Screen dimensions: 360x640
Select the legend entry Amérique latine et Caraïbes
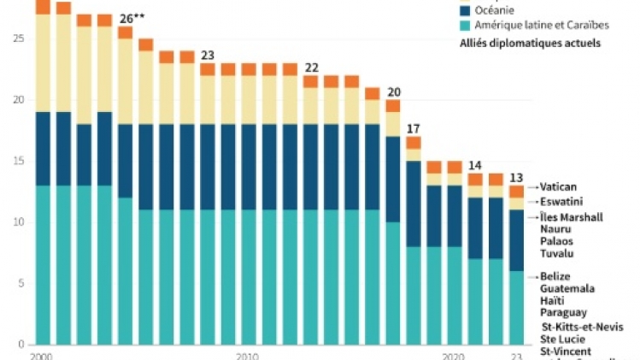click(529, 26)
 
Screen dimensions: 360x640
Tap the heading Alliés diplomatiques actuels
click(530, 43)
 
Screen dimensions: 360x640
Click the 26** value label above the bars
click(130, 19)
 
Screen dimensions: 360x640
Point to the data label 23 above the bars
click(208, 56)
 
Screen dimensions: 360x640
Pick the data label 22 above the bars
click(311, 68)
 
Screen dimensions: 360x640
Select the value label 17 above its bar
click(414, 129)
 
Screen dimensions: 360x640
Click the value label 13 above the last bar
click(516, 178)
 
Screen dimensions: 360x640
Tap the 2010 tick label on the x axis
click(248, 355)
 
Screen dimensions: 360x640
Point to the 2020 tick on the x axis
click(454, 355)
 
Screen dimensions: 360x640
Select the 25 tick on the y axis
click(18, 38)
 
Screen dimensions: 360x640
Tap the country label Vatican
click(559, 186)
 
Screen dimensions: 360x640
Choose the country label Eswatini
click(561, 202)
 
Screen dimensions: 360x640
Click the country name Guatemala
click(567, 288)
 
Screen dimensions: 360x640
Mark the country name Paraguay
click(563, 312)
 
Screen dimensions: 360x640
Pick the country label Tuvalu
click(557, 253)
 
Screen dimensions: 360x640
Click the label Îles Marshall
click(571, 217)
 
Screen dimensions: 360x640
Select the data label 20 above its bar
click(393, 92)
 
